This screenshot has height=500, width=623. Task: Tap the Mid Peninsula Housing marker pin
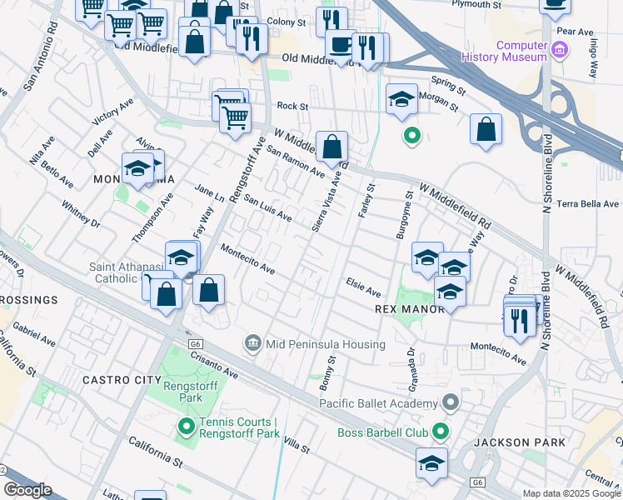(x=252, y=343)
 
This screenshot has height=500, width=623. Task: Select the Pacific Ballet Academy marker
(x=451, y=403)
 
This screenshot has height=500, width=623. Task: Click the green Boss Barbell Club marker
(x=440, y=432)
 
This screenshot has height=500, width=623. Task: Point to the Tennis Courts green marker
(x=186, y=427)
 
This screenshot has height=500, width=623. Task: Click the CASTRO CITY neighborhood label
(x=122, y=379)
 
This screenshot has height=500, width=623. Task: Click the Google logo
(x=27, y=489)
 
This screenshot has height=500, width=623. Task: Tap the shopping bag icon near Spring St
(x=486, y=130)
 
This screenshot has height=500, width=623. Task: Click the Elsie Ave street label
(x=363, y=288)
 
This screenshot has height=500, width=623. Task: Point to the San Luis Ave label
(x=267, y=208)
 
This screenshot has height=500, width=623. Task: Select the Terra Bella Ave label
(x=589, y=203)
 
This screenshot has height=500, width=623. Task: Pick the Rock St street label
(x=292, y=107)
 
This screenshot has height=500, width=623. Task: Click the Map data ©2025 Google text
(x=571, y=493)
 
